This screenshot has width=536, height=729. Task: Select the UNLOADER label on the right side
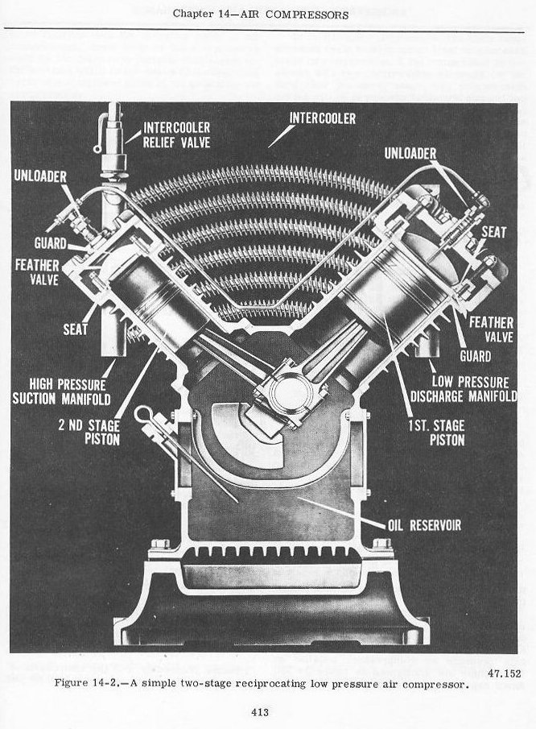click(x=410, y=153)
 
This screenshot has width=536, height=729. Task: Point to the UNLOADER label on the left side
click(x=40, y=176)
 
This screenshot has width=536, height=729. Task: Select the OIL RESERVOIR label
click(x=423, y=525)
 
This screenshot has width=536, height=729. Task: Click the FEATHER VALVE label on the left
click(x=31, y=272)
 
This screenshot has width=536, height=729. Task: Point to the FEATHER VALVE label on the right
click(x=491, y=329)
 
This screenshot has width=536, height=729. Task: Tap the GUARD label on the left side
click(x=50, y=242)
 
